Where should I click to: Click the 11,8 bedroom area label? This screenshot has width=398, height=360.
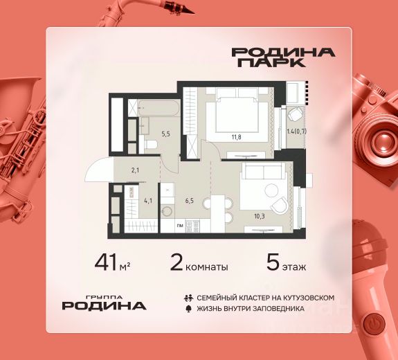236,137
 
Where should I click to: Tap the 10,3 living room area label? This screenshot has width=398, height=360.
260,217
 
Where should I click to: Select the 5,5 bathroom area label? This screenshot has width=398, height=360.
165,134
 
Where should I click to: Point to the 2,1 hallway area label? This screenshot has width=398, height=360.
135,170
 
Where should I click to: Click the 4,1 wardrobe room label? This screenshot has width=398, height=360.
148,201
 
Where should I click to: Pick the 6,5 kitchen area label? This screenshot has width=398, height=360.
190,201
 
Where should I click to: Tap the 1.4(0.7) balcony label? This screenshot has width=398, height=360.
296,132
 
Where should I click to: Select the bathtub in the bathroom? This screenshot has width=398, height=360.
159,108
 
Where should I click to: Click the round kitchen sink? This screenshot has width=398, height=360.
168,211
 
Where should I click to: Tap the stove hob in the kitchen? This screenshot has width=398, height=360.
193,226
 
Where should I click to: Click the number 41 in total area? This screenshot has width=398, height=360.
107,263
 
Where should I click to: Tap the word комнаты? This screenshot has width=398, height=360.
207,267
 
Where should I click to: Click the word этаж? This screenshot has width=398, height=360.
294,267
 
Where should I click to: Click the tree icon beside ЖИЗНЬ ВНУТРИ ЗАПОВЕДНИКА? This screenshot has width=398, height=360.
188,309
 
